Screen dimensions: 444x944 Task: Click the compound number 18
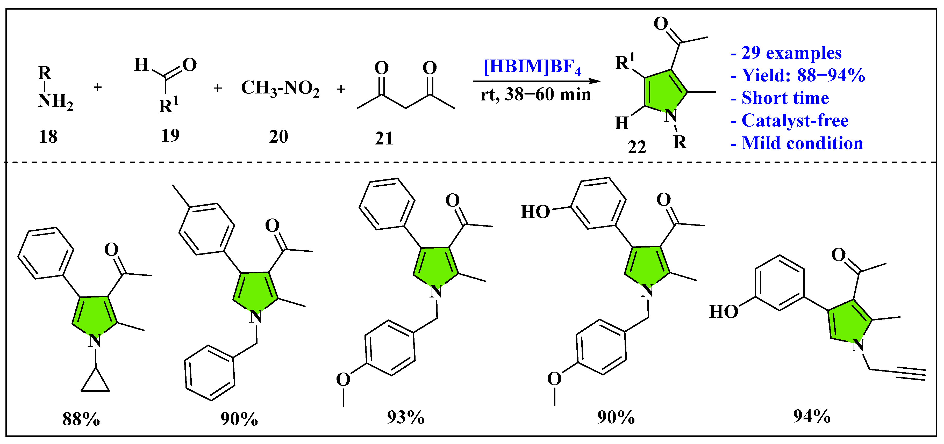[x=48, y=137]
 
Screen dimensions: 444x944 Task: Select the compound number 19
[x=170, y=136]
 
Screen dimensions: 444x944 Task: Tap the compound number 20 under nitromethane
[x=278, y=137]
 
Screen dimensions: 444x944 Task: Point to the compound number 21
[x=384, y=139]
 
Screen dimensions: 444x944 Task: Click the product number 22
[x=637, y=147]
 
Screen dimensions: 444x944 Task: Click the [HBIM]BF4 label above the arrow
[x=532, y=67]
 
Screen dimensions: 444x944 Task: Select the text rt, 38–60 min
[x=535, y=94]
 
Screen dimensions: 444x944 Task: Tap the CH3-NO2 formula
[x=280, y=89]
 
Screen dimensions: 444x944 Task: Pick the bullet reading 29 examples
[x=786, y=53]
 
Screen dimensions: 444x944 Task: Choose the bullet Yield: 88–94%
[x=798, y=75]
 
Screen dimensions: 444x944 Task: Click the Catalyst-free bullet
[x=790, y=121]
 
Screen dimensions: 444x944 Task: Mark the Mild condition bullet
[x=797, y=143]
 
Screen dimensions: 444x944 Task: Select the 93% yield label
[x=406, y=417]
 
